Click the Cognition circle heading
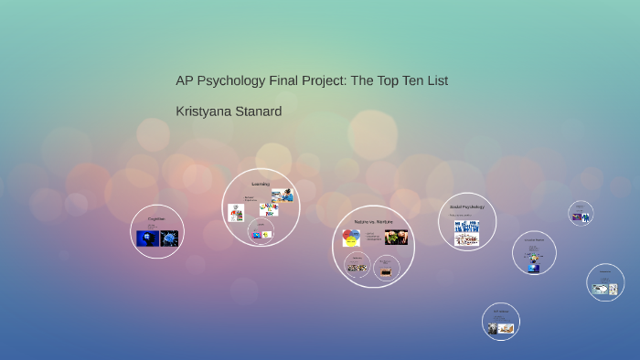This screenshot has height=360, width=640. [x=156, y=219]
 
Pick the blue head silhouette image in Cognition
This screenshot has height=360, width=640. [x=147, y=238]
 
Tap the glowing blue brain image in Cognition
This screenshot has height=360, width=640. [x=169, y=238]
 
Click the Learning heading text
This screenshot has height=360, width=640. [x=261, y=184]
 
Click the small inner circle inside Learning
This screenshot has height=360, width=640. [x=261, y=232]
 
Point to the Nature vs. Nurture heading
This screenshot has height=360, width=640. [x=373, y=222]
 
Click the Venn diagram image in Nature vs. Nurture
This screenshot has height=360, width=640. [x=351, y=238]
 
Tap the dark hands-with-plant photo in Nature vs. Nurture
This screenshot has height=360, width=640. [x=396, y=238]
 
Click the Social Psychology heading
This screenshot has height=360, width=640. [x=466, y=206]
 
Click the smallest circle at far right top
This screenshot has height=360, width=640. [x=581, y=213]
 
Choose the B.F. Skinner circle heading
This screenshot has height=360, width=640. [x=500, y=312]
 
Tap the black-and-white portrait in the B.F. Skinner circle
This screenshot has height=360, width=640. [x=493, y=328]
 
